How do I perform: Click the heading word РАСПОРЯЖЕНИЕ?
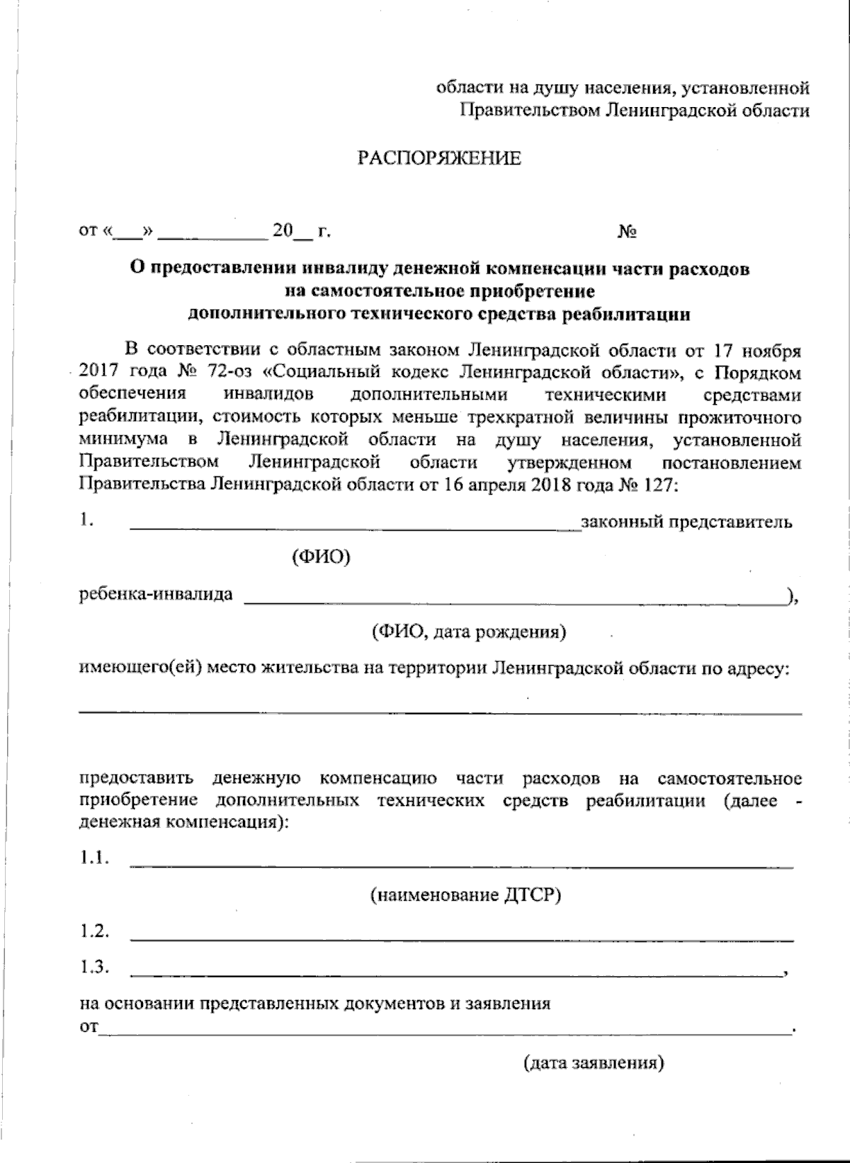pos(438,158)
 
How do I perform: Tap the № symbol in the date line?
pos(628,232)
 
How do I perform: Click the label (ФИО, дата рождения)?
pos(469,631)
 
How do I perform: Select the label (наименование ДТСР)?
pos(465,895)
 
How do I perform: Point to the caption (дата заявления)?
pos(594,1062)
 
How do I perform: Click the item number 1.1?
pos(93,858)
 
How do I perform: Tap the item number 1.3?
pos(93,967)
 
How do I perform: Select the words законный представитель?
pos(686,523)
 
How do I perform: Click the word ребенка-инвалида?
pos(155,594)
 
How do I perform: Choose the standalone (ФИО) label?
pos(321,558)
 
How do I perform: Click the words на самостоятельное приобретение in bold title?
pos(439,291)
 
